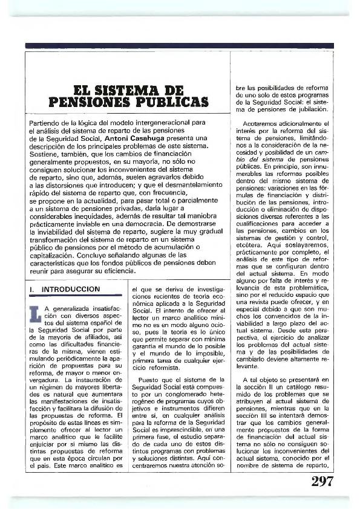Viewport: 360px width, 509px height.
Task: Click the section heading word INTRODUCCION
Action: [x=70, y=290]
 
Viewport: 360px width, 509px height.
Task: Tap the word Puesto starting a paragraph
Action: [x=146, y=379]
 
